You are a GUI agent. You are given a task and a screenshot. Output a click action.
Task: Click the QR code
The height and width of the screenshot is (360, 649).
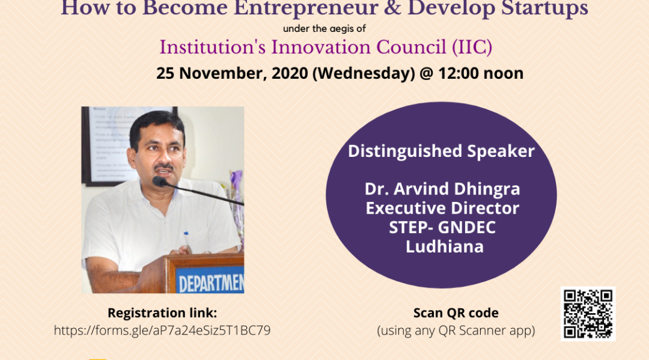click(588, 314)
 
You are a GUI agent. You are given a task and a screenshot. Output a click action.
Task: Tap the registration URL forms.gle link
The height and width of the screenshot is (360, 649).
click(163, 330)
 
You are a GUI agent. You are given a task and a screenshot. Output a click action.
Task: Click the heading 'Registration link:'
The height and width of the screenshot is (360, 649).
click(163, 313)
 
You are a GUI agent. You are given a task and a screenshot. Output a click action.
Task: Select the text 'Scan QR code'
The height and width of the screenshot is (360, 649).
click(456, 313)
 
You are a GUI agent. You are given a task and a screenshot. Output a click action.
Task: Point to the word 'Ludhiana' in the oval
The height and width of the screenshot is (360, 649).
click(445, 247)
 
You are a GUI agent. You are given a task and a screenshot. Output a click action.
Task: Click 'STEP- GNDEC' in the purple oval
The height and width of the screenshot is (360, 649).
click(442, 227)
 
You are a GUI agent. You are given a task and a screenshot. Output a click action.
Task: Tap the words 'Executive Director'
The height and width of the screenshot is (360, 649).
click(442, 208)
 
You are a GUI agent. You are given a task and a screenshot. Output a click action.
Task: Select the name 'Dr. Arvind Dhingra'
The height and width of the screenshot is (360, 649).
click(442, 189)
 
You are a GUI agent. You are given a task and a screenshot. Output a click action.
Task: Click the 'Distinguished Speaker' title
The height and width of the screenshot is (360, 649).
click(441, 151)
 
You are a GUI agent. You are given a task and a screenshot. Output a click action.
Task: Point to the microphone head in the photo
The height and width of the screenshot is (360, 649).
click(160, 181)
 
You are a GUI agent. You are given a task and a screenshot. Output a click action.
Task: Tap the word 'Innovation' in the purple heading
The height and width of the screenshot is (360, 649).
click(321, 47)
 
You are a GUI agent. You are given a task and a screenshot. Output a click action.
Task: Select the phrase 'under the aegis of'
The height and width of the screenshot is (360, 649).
click(324, 29)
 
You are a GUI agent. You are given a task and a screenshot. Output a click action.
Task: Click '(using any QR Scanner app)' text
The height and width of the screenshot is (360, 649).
click(456, 330)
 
